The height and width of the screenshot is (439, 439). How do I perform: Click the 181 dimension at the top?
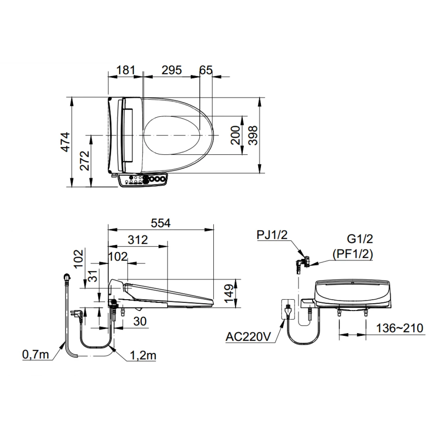(x=125, y=70)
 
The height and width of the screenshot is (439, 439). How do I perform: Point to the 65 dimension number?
(x=205, y=70)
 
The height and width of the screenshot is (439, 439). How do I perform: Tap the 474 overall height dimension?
(x=65, y=142)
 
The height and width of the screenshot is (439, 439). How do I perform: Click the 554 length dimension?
(x=160, y=223)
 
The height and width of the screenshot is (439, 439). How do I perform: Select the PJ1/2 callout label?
(x=273, y=235)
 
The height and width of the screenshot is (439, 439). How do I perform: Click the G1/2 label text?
(x=360, y=239)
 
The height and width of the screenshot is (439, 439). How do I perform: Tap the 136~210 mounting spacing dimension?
(x=400, y=328)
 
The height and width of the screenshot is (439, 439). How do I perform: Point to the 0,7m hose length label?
(x=35, y=354)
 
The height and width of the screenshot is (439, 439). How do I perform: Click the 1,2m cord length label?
(x=143, y=355)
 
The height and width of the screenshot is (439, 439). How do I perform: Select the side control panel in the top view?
(x=143, y=180)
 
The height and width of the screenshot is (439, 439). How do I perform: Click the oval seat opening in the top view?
(x=172, y=135)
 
